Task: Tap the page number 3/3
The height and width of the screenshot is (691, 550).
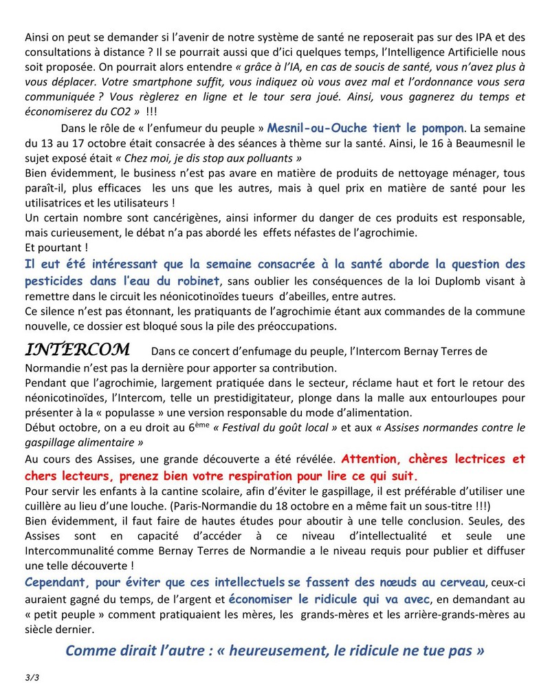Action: [31, 678]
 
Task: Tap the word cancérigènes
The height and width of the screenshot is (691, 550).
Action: [131, 218]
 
